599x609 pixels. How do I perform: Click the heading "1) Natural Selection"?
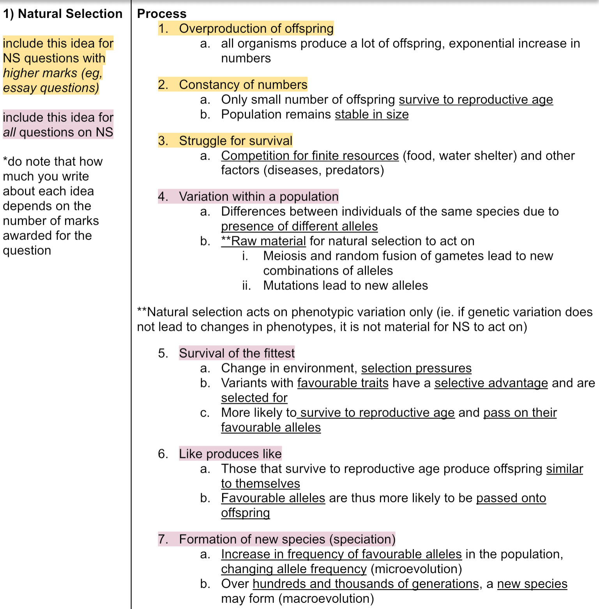tap(63, 14)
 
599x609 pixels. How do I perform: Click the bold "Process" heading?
tap(162, 14)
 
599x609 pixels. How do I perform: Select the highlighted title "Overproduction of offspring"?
tap(256, 28)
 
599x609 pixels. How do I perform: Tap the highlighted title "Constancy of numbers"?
tap(243, 85)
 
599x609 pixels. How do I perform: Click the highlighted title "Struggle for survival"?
tap(235, 141)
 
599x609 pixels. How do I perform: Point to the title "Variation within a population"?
tap(258, 196)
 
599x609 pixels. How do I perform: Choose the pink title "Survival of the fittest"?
tap(237, 353)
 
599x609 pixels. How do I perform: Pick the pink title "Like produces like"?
tap(230, 454)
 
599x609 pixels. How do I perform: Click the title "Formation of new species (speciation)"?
tap(287, 539)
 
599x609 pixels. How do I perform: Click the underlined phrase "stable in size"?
tap(371, 115)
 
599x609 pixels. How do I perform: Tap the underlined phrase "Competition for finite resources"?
tap(310, 155)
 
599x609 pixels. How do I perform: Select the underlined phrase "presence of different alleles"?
tap(299, 226)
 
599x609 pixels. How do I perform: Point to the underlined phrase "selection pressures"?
tap(416, 368)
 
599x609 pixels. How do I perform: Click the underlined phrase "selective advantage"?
tap(491, 383)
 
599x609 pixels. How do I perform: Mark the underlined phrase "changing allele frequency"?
tap(294, 569)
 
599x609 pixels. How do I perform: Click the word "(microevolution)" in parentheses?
tap(416, 569)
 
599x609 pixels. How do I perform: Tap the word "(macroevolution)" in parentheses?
tap(326, 598)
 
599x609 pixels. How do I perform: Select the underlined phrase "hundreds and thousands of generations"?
tap(366, 584)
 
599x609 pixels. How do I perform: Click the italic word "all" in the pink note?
tap(9, 132)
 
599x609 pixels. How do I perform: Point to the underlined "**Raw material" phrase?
tap(263, 241)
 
